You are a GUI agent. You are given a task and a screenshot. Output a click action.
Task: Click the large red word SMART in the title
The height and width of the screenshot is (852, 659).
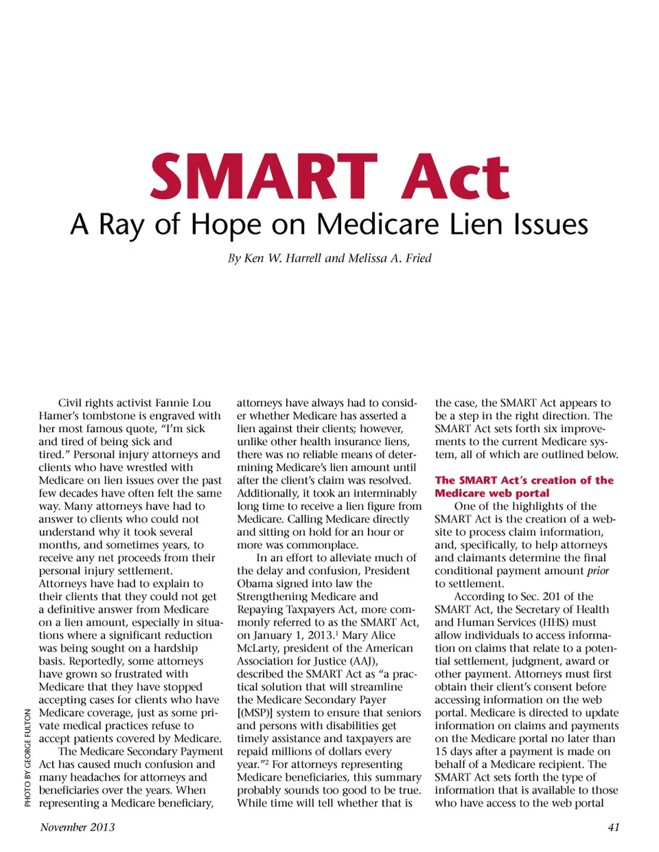point(264,177)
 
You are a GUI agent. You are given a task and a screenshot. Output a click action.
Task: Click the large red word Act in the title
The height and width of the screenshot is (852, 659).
point(456,177)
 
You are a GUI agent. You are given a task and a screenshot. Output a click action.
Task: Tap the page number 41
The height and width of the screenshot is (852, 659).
point(614,827)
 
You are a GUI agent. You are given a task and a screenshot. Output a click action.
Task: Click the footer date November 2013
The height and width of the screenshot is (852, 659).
point(78,827)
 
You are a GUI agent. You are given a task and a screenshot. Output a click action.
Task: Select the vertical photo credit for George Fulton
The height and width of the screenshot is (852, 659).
point(28,757)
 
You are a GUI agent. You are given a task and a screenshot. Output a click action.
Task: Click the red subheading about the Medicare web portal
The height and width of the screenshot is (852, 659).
point(524,486)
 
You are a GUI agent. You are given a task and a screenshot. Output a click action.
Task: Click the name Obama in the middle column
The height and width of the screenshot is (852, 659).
point(255,584)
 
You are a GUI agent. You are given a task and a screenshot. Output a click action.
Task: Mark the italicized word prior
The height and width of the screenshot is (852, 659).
point(598,571)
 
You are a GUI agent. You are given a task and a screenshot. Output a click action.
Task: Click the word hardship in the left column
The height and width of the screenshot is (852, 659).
point(175,648)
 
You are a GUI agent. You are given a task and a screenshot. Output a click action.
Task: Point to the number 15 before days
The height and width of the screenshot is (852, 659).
point(441,752)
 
